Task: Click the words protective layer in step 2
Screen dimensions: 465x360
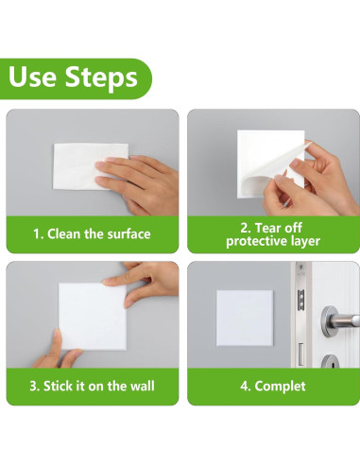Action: click(273, 242)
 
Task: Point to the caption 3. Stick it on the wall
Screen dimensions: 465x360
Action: click(93, 386)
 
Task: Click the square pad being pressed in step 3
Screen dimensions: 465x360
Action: click(90, 317)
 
